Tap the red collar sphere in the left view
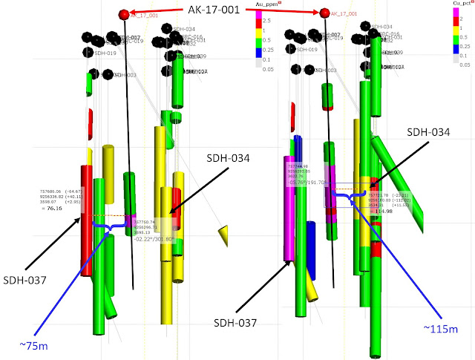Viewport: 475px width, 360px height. pos(124,14)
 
